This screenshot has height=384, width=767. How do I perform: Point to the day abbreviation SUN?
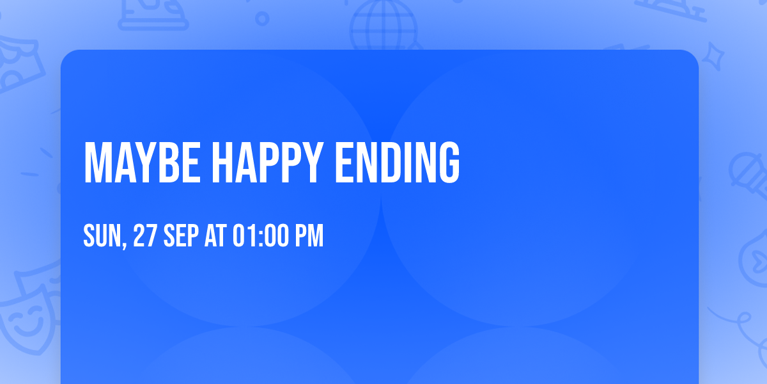tap(101, 236)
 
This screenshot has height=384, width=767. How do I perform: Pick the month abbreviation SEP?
tap(181, 236)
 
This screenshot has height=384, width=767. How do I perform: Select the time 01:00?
tap(260, 236)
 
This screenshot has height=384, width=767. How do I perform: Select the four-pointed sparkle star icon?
tap(717, 56)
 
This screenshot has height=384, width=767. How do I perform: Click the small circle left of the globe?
tap(262, 19)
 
